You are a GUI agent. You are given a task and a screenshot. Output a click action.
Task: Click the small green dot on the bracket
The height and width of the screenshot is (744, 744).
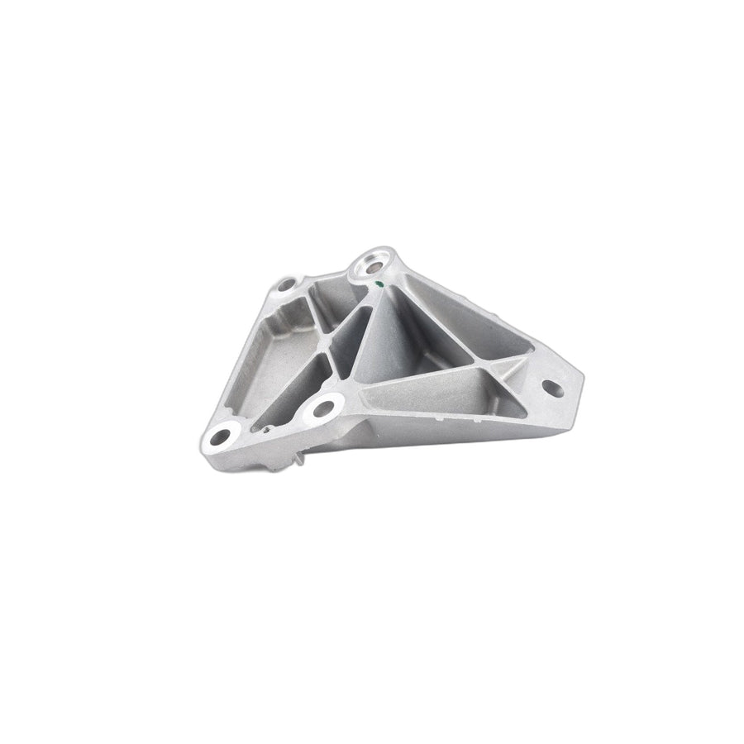tap(378, 284)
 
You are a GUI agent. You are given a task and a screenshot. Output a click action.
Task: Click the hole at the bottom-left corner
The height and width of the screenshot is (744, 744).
tap(222, 436)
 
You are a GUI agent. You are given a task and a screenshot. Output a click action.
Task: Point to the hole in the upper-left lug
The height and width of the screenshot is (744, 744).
tap(285, 286)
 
